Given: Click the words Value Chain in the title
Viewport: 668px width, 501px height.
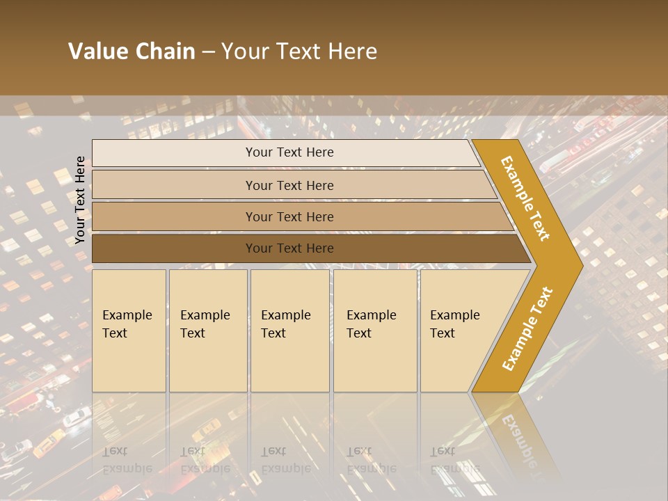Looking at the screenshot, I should [132, 51].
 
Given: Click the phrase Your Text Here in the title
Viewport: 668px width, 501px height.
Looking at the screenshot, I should [299, 51].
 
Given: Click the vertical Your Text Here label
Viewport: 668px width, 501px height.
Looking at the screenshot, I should [80, 200].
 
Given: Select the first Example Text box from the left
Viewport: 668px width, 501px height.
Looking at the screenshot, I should [129, 331].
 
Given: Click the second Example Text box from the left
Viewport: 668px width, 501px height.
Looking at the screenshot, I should [208, 331].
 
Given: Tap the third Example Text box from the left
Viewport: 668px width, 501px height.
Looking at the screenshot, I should [289, 331].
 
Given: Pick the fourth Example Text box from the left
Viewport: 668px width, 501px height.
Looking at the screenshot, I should [375, 331].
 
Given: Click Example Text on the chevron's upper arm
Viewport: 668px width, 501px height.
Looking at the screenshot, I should [526, 198].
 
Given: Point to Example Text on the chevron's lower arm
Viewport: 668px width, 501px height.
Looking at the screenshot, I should [527, 328].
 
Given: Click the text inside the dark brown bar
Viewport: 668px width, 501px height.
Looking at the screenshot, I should [289, 248].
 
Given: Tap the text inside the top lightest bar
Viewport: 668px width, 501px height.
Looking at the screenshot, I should [289, 152].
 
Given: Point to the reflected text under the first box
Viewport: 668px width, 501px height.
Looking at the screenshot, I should [127, 460].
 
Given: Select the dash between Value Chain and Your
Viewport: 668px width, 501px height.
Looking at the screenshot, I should [208, 51].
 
